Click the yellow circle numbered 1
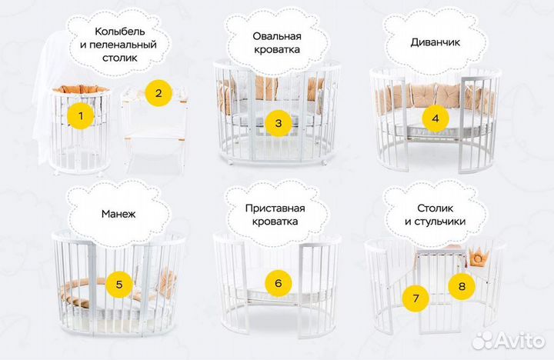point(81,117)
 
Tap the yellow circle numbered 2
point(159,95)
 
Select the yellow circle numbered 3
point(279,122)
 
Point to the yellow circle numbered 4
point(436,118)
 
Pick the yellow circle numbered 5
point(119,285)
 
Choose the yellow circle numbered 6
point(279,283)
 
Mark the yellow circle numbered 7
point(416,297)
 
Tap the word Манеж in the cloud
point(118,213)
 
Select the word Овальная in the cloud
point(277,36)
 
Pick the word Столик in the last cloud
point(436,208)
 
